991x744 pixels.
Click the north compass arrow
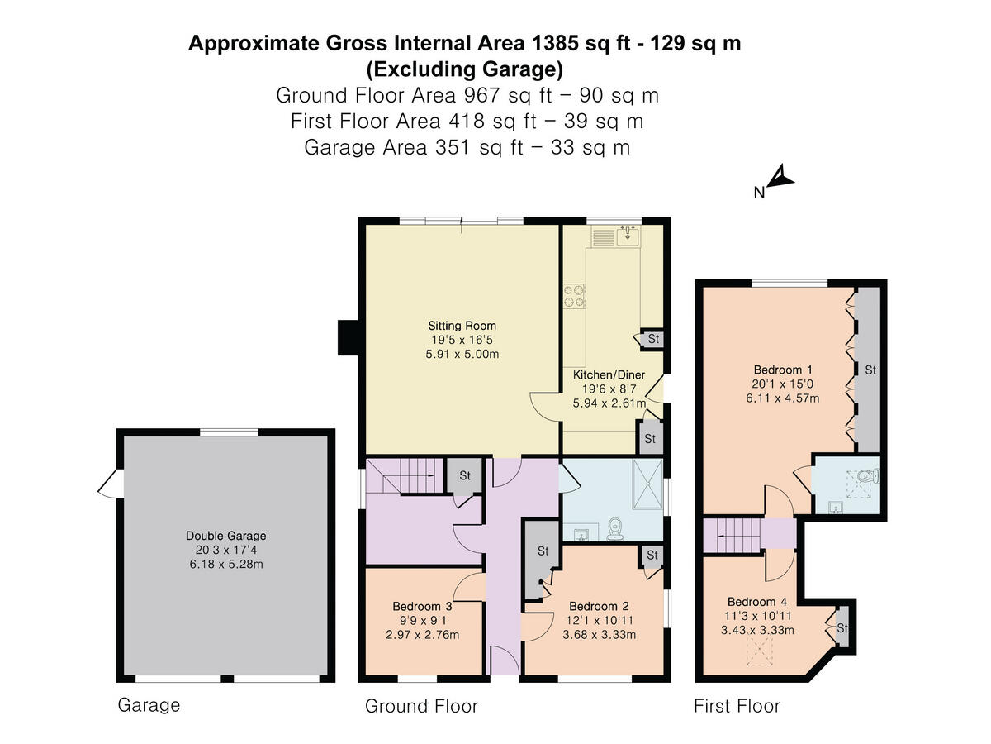pos(780,179)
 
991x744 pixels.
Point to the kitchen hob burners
pos(574,295)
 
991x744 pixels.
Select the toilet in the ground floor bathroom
pos(614,528)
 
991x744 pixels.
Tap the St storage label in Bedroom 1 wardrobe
pos(870,370)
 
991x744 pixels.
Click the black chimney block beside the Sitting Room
pos(348,337)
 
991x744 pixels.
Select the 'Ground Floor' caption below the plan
pos(421,706)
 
